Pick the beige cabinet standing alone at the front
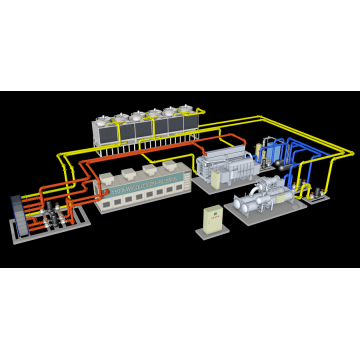click(x=212, y=219)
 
